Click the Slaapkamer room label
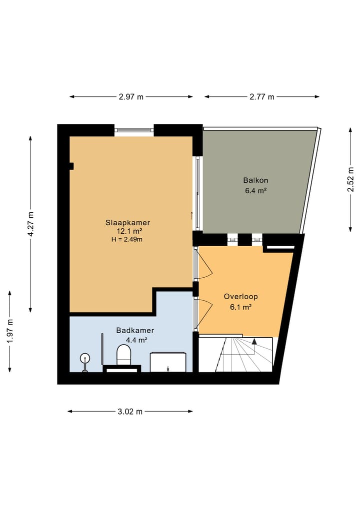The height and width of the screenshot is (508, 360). pyautogui.click(x=127, y=222)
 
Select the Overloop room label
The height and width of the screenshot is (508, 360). pyautogui.click(x=240, y=297)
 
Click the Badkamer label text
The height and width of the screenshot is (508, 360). pyautogui.click(x=135, y=330)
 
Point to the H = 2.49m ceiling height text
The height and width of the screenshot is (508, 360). pyautogui.click(x=127, y=239)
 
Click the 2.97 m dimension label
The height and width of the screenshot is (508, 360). pyautogui.click(x=131, y=97)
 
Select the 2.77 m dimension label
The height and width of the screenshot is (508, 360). pyautogui.click(x=262, y=97)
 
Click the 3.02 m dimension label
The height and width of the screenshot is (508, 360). pyautogui.click(x=130, y=412)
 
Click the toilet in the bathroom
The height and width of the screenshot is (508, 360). pyautogui.click(x=123, y=356)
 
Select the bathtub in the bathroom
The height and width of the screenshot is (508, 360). pyautogui.click(x=168, y=362)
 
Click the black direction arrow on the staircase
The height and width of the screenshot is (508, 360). pyautogui.click(x=254, y=342)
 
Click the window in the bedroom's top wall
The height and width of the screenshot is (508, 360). pyautogui.click(x=133, y=130)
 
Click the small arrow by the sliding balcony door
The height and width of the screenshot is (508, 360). pyautogui.click(x=191, y=215)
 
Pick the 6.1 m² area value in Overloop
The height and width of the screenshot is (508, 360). pyautogui.click(x=240, y=307)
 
